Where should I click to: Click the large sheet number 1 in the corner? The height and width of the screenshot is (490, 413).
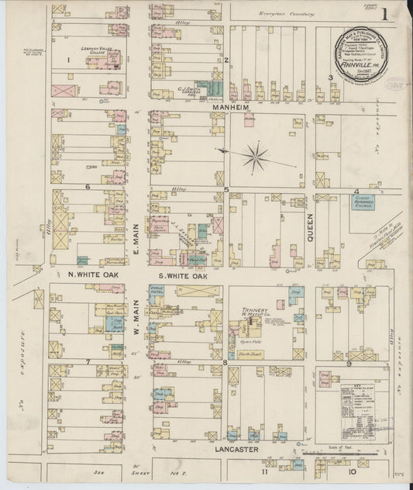pos(395,13)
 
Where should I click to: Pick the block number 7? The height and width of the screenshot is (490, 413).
pos(88,361)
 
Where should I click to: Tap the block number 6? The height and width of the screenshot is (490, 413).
pos(88,187)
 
